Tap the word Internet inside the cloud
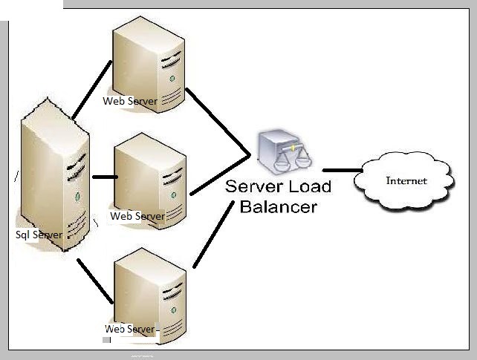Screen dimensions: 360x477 tap(406, 180)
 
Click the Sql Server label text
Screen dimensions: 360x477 tap(39, 235)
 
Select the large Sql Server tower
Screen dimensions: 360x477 tap(55, 178)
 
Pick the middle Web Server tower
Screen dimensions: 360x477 tap(150, 178)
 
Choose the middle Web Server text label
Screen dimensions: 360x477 tap(137, 216)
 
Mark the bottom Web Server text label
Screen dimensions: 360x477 tap(130, 328)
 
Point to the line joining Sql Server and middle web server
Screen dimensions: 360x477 tap(104, 177)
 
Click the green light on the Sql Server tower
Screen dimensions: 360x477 tap(77, 197)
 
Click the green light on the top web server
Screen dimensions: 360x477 tap(172, 77)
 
